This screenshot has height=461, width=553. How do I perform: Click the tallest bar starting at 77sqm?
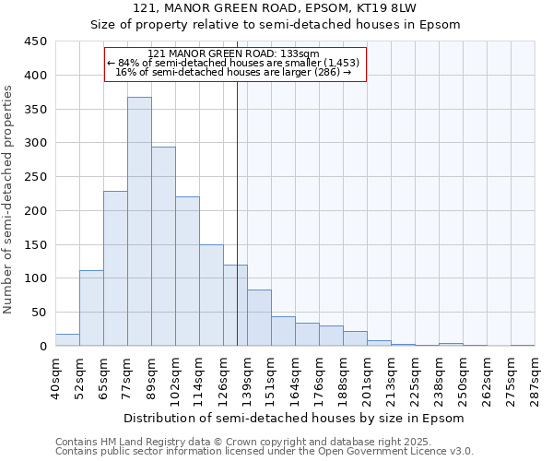click(x=139, y=221)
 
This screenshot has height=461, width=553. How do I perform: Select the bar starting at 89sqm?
click(x=163, y=246)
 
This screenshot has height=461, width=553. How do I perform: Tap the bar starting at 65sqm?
click(x=115, y=268)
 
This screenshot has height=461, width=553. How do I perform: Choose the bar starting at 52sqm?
click(x=91, y=308)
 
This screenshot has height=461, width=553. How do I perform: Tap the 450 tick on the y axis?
click(x=36, y=41)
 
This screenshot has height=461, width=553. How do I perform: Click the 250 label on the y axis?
click(x=36, y=177)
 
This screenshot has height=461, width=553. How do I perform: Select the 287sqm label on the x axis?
click(x=535, y=378)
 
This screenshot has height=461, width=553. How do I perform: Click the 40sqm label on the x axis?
click(x=55, y=378)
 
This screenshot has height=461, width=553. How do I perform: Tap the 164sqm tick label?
click(x=295, y=378)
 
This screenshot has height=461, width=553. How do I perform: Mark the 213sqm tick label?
click(x=391, y=378)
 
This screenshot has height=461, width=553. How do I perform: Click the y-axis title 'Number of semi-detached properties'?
click(x=9, y=198)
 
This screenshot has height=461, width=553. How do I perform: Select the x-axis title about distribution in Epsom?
click(x=294, y=418)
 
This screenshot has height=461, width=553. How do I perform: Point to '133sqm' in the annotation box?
click(x=300, y=54)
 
